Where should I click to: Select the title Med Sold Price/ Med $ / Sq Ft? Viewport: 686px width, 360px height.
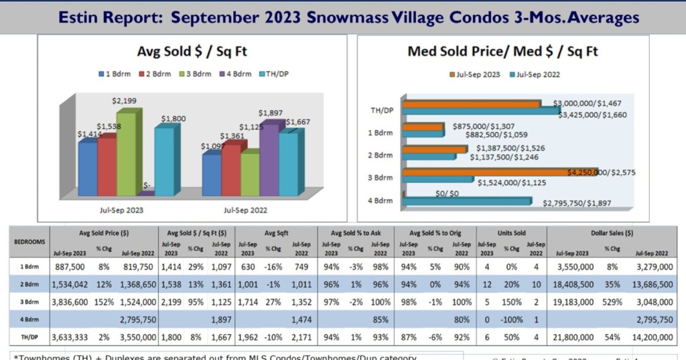(x=502, y=52)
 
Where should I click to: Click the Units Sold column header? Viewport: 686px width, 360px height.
(x=510, y=234)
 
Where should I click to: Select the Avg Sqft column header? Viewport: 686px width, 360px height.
(x=275, y=234)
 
